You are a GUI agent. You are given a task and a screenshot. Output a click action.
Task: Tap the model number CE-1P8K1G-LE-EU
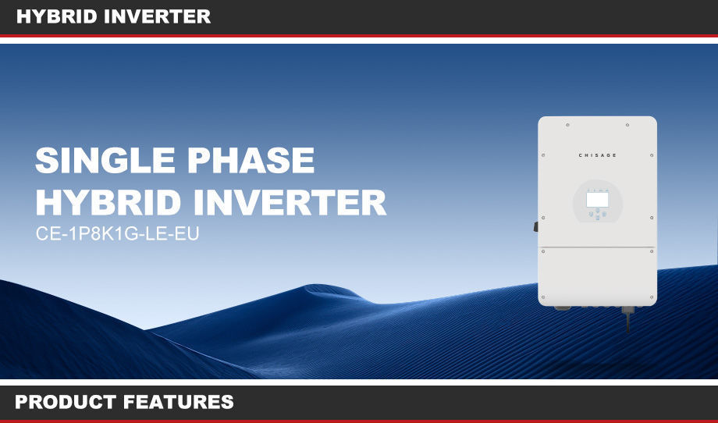[x=118, y=233]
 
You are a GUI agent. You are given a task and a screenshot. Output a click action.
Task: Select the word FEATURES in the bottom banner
[x=179, y=403]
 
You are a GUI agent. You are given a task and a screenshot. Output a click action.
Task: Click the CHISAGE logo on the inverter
[x=597, y=155]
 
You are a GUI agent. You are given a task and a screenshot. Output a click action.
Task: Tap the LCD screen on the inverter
[x=597, y=199]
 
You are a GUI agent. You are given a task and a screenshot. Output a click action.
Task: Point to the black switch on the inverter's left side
[x=536, y=226]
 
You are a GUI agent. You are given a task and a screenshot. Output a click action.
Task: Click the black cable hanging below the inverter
[x=627, y=321]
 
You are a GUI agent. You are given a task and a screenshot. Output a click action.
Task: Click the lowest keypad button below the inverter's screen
[x=597, y=218]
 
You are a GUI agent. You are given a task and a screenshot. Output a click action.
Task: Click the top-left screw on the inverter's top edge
[x=567, y=124]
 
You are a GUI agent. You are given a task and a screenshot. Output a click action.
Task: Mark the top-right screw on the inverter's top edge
[x=627, y=124]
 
